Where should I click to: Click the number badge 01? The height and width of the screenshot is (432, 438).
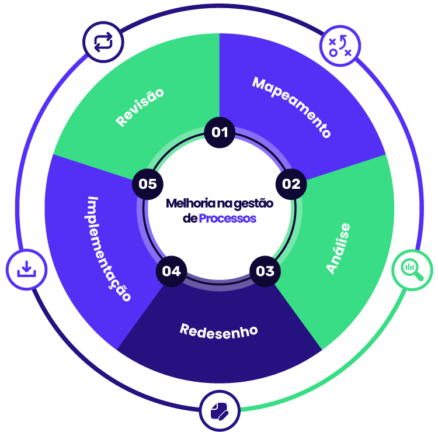pos(220,132)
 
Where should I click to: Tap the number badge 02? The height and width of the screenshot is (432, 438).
pos(291,184)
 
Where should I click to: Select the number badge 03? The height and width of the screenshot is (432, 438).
pos(265,271)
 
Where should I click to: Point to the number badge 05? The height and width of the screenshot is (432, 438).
pos(148,184)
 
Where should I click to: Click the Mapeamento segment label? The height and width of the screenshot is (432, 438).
pos(292,107)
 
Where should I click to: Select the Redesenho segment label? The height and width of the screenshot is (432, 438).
pos(219,330)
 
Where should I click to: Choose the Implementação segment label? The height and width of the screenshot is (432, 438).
pos(109,248)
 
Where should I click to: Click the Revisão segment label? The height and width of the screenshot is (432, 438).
pos(140,107)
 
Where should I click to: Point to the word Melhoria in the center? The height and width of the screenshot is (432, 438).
pos(183,203)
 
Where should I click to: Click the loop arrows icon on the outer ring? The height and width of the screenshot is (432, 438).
pos(103,43)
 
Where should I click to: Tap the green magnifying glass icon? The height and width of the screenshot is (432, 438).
pos(412,269)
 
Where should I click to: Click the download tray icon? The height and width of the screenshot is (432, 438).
pos(26,269)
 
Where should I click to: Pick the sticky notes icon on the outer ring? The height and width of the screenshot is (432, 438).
pos(220,410)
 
